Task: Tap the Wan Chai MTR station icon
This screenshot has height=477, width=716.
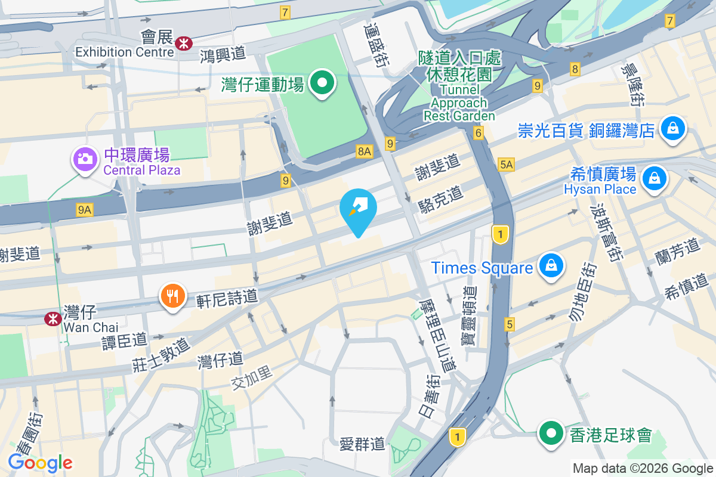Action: coord(53,319)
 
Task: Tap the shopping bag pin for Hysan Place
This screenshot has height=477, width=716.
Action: coord(655,178)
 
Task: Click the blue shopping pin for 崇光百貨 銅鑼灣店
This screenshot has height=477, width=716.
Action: coord(672,128)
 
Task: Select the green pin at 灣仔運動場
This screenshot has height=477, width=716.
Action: coord(323,83)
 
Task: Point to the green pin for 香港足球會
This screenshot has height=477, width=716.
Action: coord(551,433)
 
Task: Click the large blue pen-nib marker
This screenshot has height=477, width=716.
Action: coord(358,208)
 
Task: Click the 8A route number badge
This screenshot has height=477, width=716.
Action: coord(365,152)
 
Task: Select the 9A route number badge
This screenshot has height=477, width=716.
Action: coord(85,209)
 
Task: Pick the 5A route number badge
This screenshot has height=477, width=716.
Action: coord(507,164)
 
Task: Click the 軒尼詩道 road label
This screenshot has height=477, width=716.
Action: coord(227,296)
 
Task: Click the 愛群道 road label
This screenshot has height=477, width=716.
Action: coord(362,444)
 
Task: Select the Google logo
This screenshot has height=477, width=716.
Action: coord(41,462)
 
